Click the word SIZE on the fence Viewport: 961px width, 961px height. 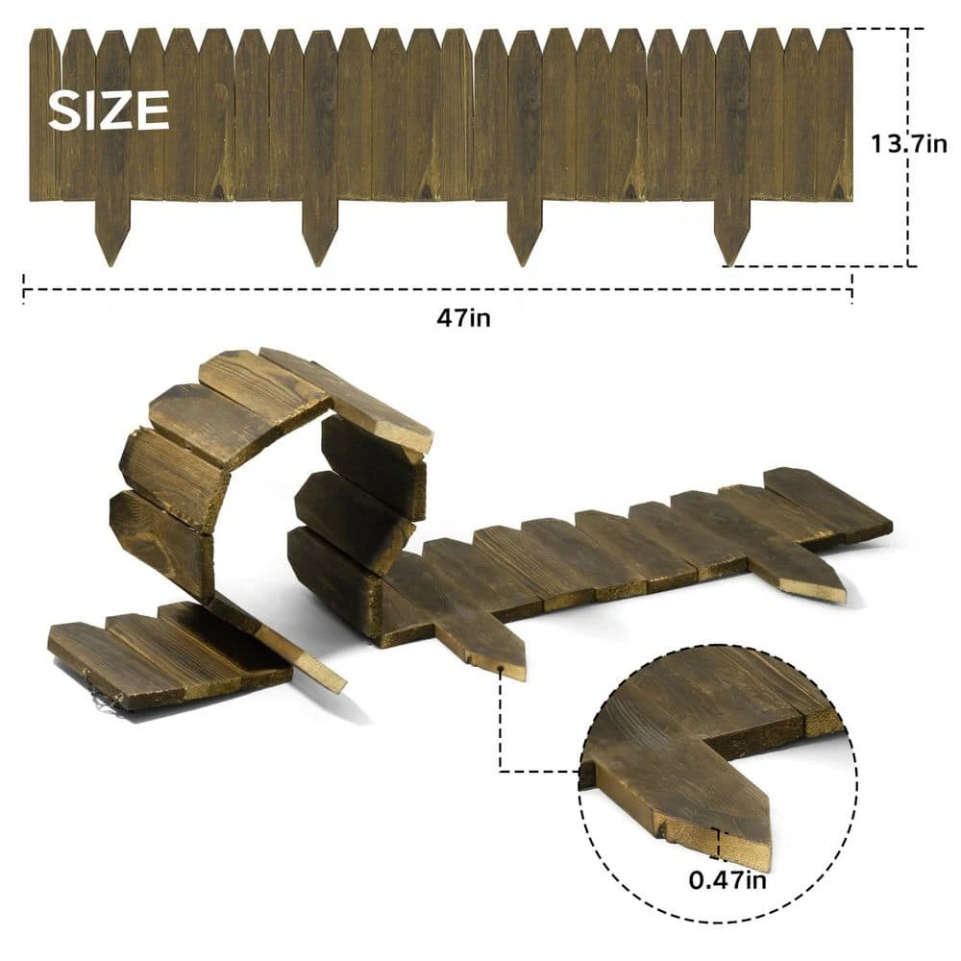click(109, 111)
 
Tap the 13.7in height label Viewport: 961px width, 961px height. click(909, 144)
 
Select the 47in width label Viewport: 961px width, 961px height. click(463, 318)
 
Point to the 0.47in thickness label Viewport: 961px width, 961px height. click(727, 880)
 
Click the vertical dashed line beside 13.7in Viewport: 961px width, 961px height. click(909, 147)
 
